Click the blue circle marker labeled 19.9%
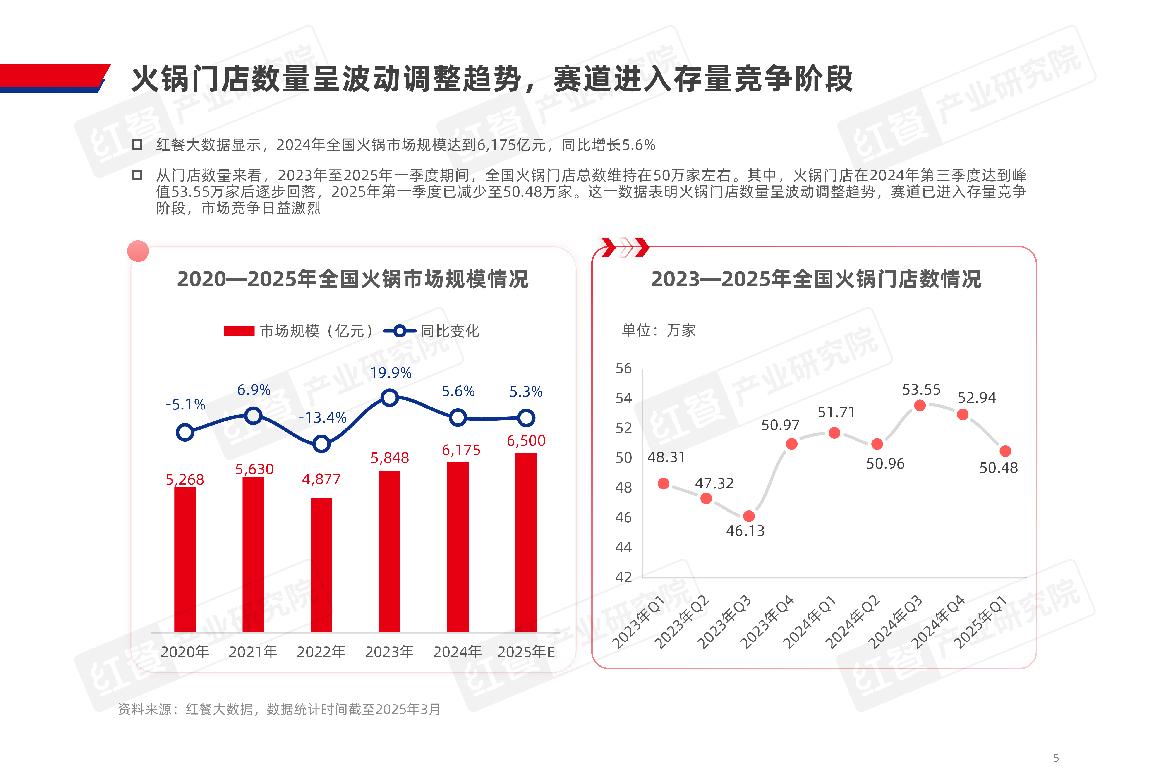[x=389, y=397]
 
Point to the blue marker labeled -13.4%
[x=321, y=444]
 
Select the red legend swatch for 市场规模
[x=239, y=331]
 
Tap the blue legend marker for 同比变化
[x=400, y=331]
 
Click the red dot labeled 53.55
[x=920, y=405]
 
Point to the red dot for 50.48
[x=1005, y=451]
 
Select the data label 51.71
[x=836, y=412]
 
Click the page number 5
[x=1056, y=758]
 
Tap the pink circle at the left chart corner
[x=138, y=251]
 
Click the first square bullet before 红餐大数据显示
[x=137, y=144]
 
